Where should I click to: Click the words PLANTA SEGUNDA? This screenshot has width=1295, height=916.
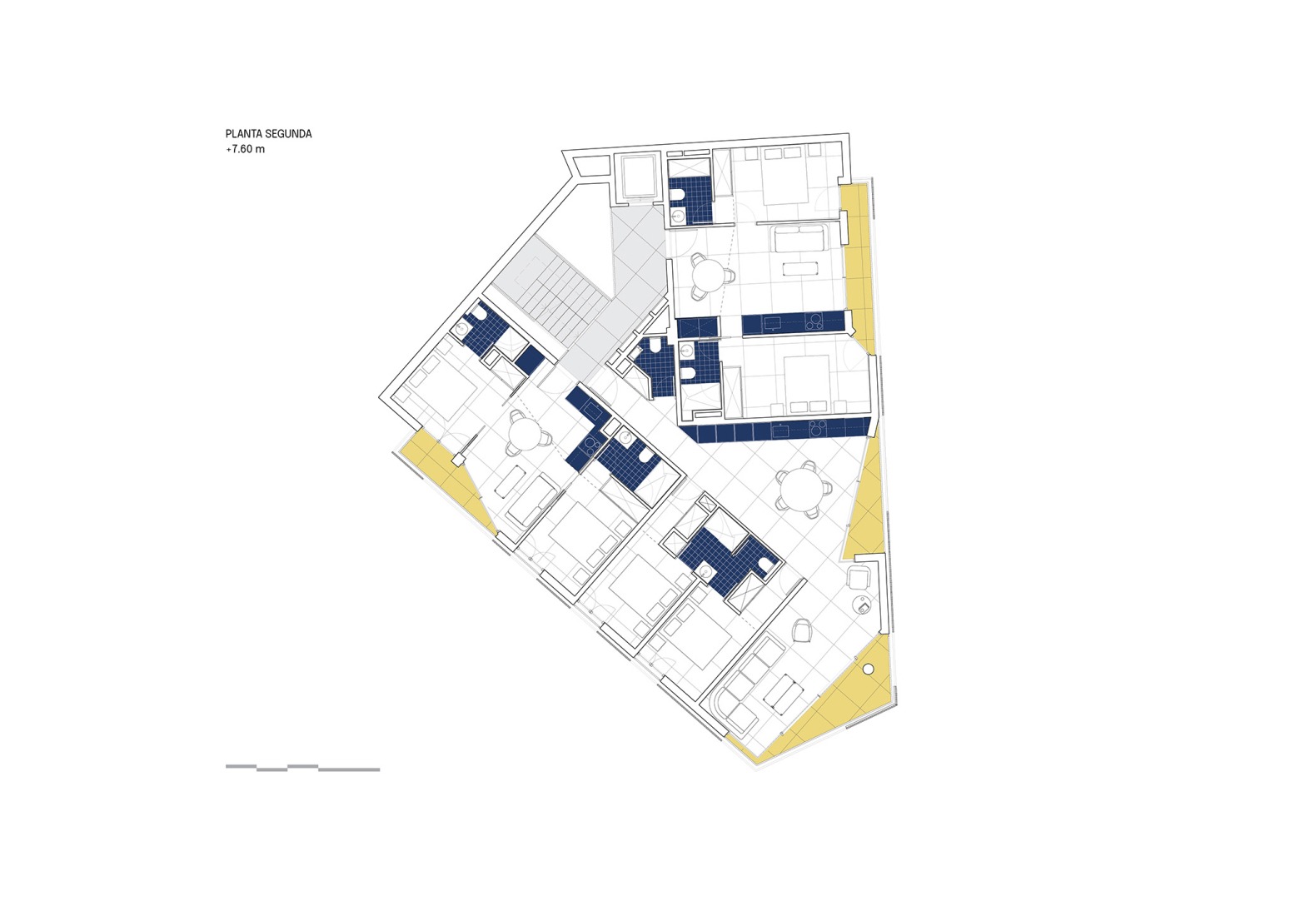click(268, 133)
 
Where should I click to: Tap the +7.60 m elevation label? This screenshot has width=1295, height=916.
click(245, 149)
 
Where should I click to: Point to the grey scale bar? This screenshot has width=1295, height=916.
click(302, 768)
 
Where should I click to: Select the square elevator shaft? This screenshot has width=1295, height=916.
click(637, 177)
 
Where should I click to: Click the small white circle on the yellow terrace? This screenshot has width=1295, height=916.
click(868, 668)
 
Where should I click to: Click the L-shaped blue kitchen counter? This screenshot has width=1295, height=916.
click(587, 425)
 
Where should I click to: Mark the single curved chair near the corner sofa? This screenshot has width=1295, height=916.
click(803, 630)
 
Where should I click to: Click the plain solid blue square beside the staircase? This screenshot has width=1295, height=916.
click(529, 360)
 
